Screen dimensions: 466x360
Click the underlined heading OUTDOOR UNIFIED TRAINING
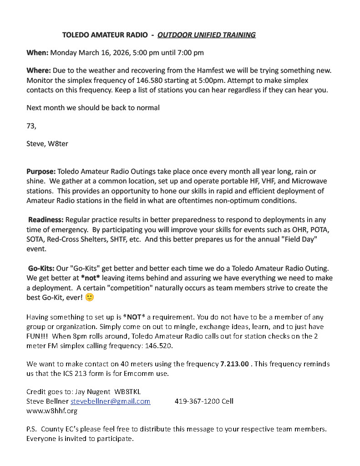pos(206,35)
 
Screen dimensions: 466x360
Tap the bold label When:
pos(37,52)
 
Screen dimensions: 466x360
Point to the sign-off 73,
pos(31,126)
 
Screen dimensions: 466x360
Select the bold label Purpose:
pos(41,172)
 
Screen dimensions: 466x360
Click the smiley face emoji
pos(90,297)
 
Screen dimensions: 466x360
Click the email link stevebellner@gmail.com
pos(110,401)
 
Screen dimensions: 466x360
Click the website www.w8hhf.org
pos(51,410)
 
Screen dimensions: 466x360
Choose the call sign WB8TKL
pos(131,391)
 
